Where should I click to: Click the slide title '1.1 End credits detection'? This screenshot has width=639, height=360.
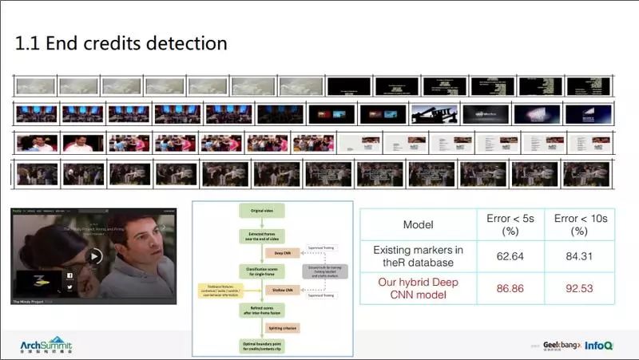[121, 43]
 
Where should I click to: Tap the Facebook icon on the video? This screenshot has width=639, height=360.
[69, 275]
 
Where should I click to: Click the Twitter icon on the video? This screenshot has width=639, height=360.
[69, 287]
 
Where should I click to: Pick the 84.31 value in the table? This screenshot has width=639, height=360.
[578, 255]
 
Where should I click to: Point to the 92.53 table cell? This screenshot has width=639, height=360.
[578, 287]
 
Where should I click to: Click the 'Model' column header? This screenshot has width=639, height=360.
[418, 225]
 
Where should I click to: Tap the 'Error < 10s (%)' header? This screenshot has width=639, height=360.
[578, 224]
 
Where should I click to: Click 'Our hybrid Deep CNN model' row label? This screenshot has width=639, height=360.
[418, 287]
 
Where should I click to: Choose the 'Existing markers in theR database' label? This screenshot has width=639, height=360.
[418, 255]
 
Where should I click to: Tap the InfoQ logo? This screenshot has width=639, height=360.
[598, 346]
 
